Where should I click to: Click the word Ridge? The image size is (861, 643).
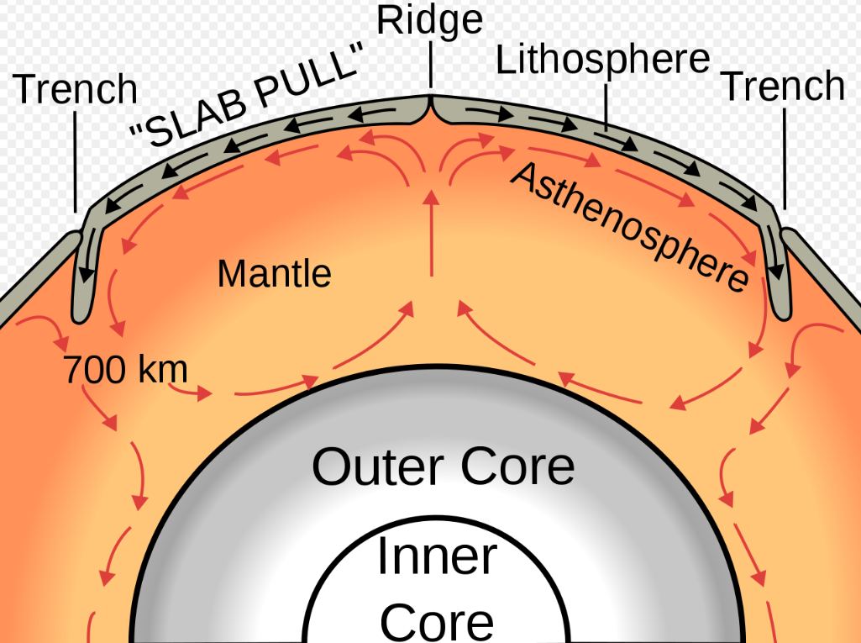pos(429,20)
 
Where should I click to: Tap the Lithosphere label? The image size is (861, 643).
pos(602,61)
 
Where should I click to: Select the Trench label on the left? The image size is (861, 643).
pos(76,90)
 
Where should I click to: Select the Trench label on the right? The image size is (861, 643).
pos(783,87)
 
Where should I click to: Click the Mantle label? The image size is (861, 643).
pos(274,273)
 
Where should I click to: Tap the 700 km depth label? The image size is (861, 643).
pos(125,369)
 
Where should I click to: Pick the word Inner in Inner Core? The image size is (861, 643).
pos(437,556)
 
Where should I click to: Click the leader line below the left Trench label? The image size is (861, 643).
pos(75,160)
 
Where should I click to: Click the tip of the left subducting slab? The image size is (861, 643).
pos(81,315)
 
